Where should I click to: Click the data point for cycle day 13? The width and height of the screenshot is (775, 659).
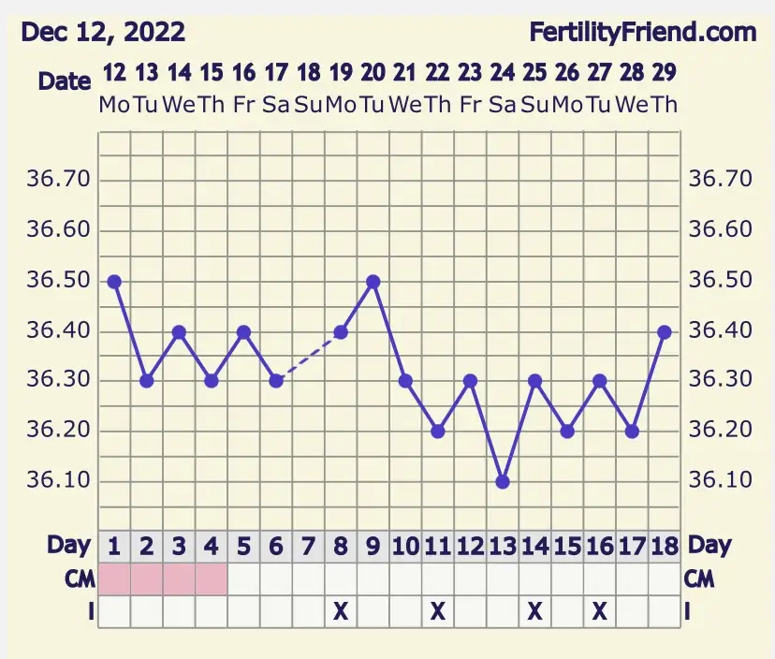[503, 481]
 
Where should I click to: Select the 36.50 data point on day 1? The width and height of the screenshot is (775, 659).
[114, 282]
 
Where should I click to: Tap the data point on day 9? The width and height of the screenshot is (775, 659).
[373, 282]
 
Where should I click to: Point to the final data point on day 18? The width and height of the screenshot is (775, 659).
[665, 331]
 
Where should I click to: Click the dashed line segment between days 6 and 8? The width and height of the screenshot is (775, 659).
[309, 357]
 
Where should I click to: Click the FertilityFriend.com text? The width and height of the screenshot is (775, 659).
[642, 33]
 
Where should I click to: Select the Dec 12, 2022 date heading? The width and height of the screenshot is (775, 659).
[103, 33]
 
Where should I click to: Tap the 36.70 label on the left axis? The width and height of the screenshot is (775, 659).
[61, 179]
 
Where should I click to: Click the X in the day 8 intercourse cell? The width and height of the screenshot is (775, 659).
[341, 611]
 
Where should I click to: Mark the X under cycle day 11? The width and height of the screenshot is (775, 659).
[438, 611]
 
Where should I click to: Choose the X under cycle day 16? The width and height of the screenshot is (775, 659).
[600, 611]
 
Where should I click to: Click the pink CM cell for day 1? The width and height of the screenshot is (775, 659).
[114, 578]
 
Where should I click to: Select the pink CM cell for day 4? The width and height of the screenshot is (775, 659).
[212, 578]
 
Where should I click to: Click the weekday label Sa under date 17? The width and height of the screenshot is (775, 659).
[276, 105]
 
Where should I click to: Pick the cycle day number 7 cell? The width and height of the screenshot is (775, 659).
[308, 546]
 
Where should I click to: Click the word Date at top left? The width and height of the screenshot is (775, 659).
[65, 81]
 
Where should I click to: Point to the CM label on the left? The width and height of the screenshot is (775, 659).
[80, 578]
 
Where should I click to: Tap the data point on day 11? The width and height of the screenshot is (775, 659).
[438, 432]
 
